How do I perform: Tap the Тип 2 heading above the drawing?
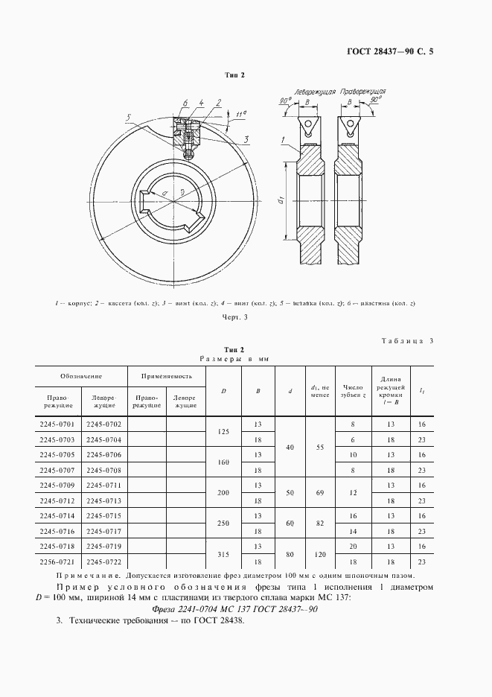235,76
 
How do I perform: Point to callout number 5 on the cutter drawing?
129,118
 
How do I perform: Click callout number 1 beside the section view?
284,140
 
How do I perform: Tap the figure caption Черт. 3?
234,318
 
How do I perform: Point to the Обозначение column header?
82,377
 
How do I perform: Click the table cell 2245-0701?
57,424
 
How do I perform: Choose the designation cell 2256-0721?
57,561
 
